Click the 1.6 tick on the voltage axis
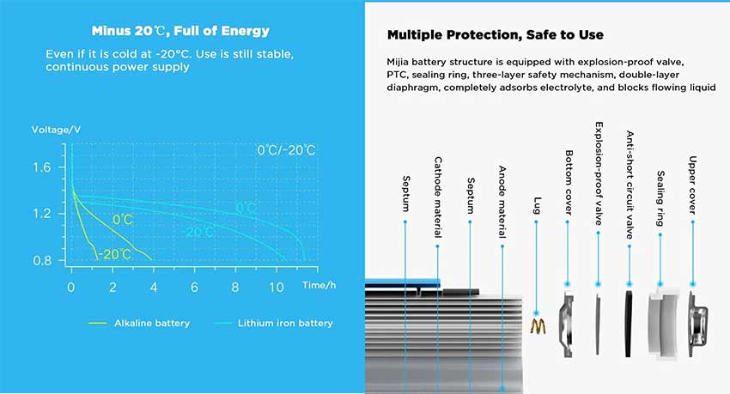point(42,167)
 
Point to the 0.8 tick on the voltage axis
point(42,260)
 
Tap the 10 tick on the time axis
point(276,288)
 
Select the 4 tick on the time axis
point(154,288)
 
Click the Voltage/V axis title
point(56,130)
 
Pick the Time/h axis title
point(319,285)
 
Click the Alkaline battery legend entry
point(139,324)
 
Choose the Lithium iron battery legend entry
point(274,324)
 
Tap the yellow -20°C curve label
point(115,254)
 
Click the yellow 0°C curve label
point(123,220)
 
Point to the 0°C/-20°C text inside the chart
point(286,150)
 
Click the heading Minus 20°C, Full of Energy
point(180,31)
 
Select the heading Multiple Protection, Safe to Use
point(496,35)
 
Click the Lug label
point(537,206)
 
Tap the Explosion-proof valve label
point(599,173)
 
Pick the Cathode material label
point(438,197)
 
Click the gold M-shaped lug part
point(538,326)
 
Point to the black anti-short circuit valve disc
point(629,324)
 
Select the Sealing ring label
point(660,198)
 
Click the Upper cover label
point(693,185)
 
